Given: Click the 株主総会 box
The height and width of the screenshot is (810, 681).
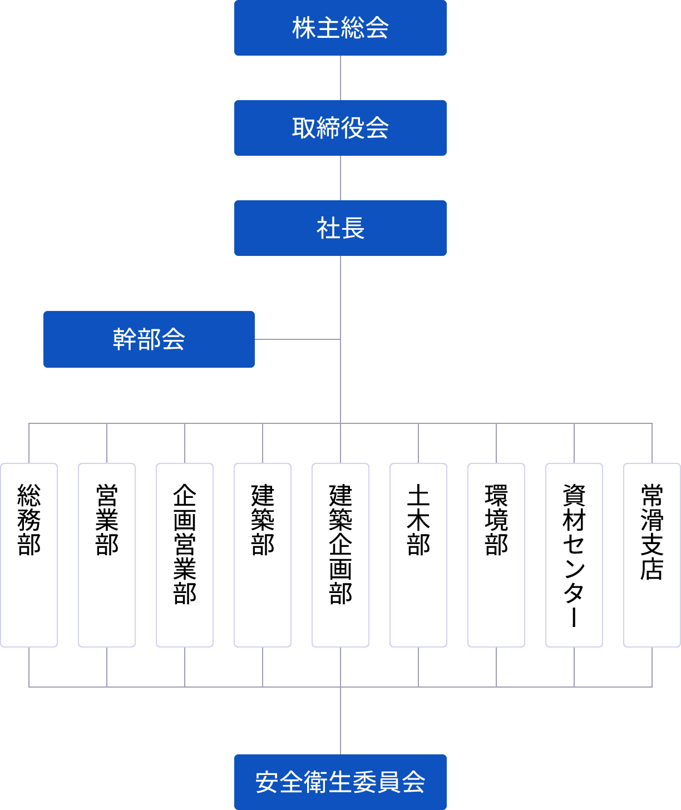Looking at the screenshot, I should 340,28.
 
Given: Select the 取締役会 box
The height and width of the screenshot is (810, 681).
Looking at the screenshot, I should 340,128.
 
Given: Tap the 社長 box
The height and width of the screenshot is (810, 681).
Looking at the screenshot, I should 340,228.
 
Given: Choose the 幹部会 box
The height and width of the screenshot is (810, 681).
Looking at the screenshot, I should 149,339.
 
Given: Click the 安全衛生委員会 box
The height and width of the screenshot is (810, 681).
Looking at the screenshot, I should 340,782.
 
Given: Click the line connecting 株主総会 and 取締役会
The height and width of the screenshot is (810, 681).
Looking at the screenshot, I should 340,78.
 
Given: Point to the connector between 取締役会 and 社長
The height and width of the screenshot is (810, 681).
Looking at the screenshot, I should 340,178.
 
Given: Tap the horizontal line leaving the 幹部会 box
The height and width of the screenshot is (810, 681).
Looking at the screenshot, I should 297,339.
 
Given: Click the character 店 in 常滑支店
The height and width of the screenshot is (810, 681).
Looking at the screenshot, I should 652,569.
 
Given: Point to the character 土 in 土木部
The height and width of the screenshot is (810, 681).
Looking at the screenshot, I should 418,495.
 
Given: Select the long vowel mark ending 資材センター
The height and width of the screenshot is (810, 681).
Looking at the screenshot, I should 574,617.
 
